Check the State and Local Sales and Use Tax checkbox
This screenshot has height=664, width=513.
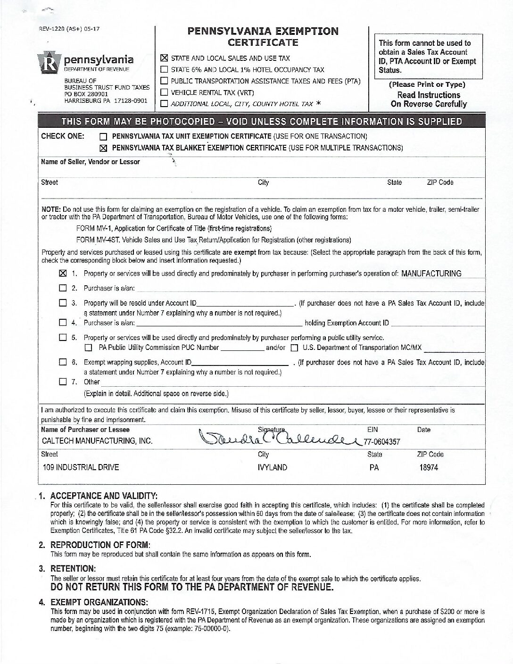click(164, 58)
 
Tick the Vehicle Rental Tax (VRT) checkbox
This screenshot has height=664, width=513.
click(164, 92)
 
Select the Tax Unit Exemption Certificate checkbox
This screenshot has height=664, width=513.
click(103, 137)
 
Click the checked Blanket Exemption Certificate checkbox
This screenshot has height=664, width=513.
click(103, 148)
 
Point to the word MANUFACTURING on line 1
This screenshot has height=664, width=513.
click(431, 274)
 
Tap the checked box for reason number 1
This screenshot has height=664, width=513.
click(63, 274)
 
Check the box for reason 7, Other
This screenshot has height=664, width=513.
click(63, 382)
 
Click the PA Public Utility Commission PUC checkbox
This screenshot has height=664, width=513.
click(88, 348)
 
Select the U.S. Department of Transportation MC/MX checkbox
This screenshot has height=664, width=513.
click(294, 348)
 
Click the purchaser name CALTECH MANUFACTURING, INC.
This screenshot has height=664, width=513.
click(97, 441)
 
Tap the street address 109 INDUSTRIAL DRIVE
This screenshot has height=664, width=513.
click(80, 467)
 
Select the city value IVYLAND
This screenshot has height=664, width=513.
click(273, 467)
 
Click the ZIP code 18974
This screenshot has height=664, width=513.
click(429, 467)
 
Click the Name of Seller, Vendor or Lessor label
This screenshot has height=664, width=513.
click(91, 162)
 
